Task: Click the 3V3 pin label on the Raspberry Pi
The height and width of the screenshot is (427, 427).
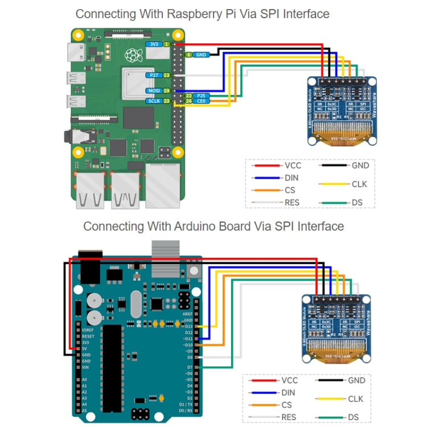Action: click(x=153, y=44)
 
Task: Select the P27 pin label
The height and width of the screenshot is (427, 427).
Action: click(x=153, y=75)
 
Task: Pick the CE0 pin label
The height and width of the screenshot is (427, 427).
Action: click(x=200, y=101)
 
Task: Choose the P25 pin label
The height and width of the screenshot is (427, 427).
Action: click(x=200, y=95)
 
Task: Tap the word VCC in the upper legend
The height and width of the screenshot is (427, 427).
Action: click(x=293, y=166)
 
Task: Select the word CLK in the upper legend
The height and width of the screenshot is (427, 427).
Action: click(x=360, y=184)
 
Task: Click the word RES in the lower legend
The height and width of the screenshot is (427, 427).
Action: click(x=289, y=417)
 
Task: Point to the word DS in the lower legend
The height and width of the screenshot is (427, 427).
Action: click(x=354, y=417)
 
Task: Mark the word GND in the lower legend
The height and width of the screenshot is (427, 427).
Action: click(x=356, y=380)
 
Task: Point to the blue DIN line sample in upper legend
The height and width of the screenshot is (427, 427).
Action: click(x=266, y=178)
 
